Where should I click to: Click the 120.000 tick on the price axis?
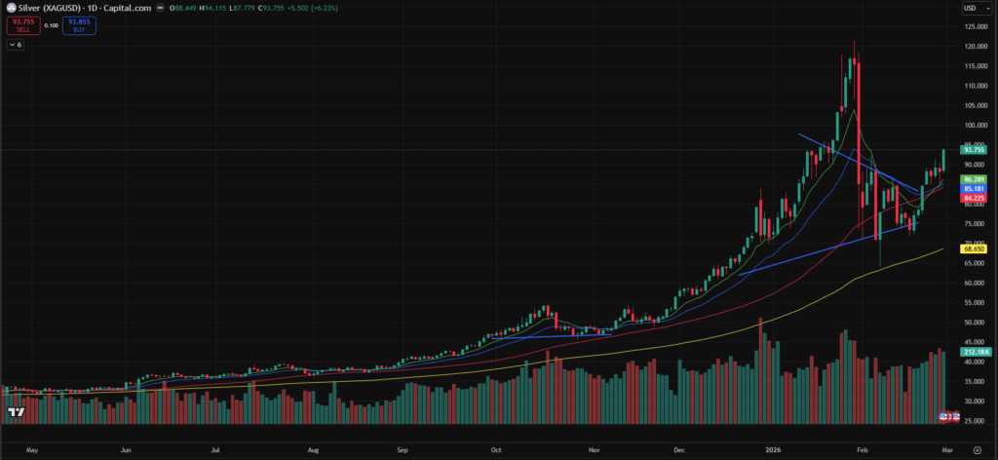pos(975,46)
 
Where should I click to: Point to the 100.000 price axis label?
pos(975,125)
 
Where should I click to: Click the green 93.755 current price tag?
pos(974,150)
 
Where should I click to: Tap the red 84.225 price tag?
pos(974,198)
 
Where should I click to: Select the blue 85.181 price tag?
pos(974,189)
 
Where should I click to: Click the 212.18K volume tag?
pos(974,351)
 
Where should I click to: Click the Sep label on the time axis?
pos(403,451)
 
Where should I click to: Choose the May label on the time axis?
pos(32,451)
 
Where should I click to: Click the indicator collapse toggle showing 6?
pos(17,44)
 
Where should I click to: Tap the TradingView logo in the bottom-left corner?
pos(15,413)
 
